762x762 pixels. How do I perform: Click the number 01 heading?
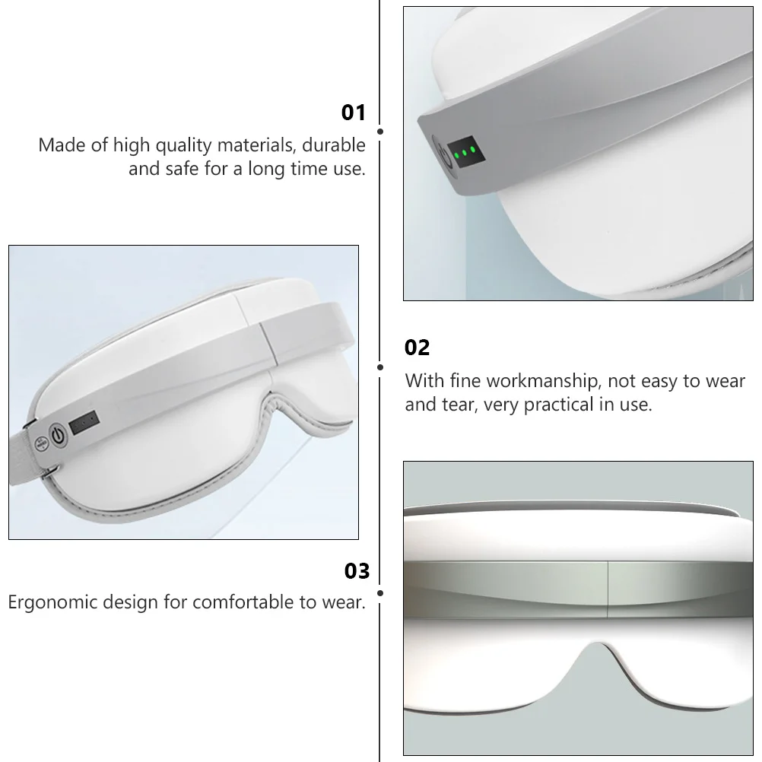(x=354, y=113)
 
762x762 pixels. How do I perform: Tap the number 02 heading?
(x=418, y=348)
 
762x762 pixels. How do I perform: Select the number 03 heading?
(x=357, y=571)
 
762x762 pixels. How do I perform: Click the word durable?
(x=335, y=144)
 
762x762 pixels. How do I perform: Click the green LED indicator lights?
(x=465, y=151)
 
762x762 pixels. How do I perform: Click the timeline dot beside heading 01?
(x=380, y=132)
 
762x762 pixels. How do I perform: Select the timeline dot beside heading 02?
(x=380, y=367)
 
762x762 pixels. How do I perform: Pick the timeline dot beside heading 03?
(x=380, y=592)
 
